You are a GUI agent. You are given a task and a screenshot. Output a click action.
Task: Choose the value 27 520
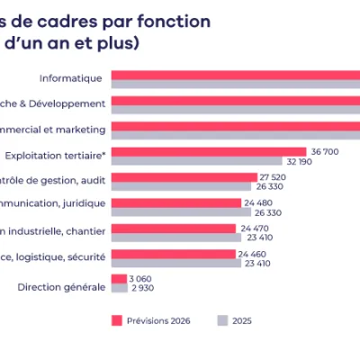[273, 177]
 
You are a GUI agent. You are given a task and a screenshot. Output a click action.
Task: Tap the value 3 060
[140, 279]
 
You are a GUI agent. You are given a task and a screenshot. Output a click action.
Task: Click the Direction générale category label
[61, 288]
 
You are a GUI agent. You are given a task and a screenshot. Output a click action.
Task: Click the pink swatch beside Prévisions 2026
[116, 319]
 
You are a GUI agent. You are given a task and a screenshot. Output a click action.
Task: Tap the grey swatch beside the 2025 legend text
[222, 319]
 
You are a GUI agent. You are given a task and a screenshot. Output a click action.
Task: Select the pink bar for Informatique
[234, 75]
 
